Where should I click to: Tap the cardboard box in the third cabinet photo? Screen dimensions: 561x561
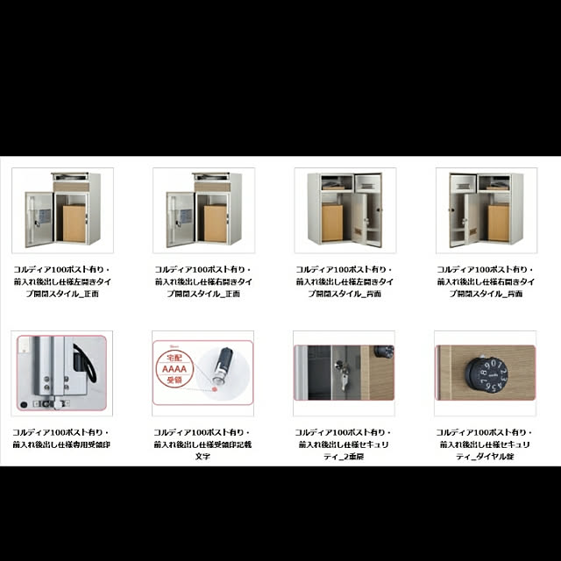332,223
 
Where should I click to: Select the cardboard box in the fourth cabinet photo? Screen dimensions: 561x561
498,223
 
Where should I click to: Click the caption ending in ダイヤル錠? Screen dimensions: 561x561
485,444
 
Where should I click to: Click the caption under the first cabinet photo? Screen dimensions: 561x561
61,282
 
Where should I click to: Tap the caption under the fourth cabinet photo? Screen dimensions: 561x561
485,282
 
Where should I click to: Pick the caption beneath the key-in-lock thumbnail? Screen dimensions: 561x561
344,444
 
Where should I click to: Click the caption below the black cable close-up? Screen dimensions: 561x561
61,438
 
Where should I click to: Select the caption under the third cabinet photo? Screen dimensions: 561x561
344,282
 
